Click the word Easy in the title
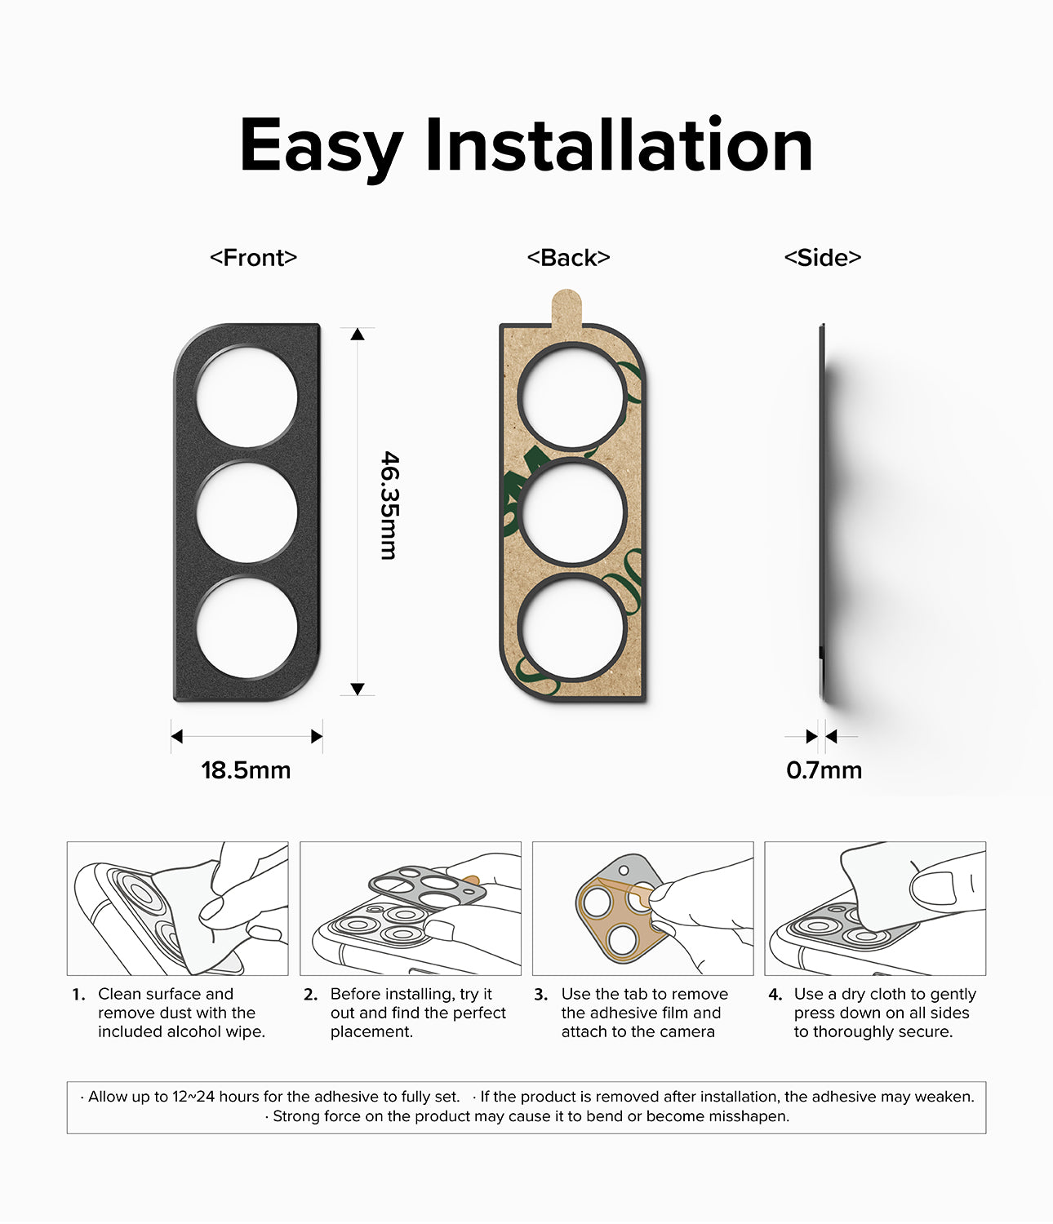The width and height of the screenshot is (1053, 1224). point(320,146)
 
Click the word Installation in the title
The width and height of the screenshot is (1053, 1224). point(618,146)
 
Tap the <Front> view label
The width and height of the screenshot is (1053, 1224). point(253,258)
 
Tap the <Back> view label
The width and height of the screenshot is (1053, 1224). point(568,258)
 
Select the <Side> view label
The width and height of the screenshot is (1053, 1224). point(822,258)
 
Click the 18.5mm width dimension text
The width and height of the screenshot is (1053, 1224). point(246,770)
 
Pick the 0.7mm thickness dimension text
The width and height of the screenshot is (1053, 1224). point(824,770)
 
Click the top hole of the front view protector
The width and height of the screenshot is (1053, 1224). point(247,397)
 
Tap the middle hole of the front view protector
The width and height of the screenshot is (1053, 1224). point(247,512)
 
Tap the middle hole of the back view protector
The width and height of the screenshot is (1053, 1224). point(571,512)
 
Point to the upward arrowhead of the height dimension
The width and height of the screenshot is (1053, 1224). point(358,334)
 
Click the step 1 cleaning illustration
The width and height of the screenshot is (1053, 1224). point(177,908)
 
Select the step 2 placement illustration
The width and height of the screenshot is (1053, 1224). point(410,908)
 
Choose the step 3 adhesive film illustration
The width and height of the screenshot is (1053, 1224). point(642,908)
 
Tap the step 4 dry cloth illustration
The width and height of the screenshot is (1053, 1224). point(874,908)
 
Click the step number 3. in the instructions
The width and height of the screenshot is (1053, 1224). point(540,995)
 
